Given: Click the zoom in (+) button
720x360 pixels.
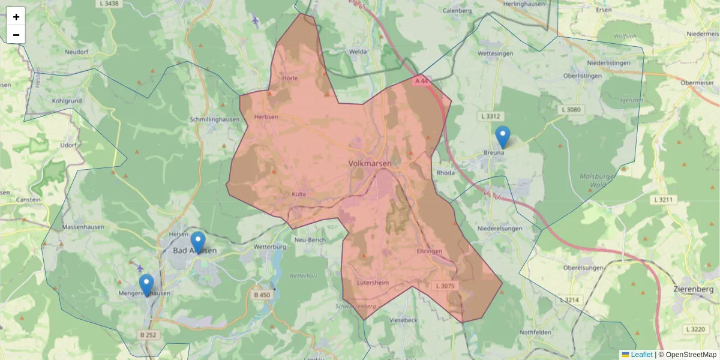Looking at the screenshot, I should tap(16, 17).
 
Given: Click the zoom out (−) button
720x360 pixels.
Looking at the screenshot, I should tap(16, 35).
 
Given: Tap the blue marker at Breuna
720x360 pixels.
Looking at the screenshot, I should tap(503, 137).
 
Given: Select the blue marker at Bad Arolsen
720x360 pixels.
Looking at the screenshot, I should tap(197, 242).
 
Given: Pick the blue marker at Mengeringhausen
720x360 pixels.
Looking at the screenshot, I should tap(146, 285).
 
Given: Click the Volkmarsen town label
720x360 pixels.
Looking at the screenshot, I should tap(370, 163).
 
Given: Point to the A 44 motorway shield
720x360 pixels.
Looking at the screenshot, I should tap(422, 80).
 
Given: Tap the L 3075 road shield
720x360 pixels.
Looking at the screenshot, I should tap(445, 286).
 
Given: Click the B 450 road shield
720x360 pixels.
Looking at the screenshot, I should tap(262, 295).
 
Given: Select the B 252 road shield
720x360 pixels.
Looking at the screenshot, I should tap(148, 334).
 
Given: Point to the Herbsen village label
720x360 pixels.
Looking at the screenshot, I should tap(266, 117).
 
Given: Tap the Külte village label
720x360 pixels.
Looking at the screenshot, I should tap(299, 194).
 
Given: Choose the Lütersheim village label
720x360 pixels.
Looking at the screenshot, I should tap(373, 283).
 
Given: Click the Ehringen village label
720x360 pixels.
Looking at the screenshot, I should tap(429, 251).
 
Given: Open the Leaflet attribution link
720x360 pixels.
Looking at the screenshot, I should tap(641, 355).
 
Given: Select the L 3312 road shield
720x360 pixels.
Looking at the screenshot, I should tap(490, 116).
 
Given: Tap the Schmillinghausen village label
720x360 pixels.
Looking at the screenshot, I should tap(214, 119).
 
